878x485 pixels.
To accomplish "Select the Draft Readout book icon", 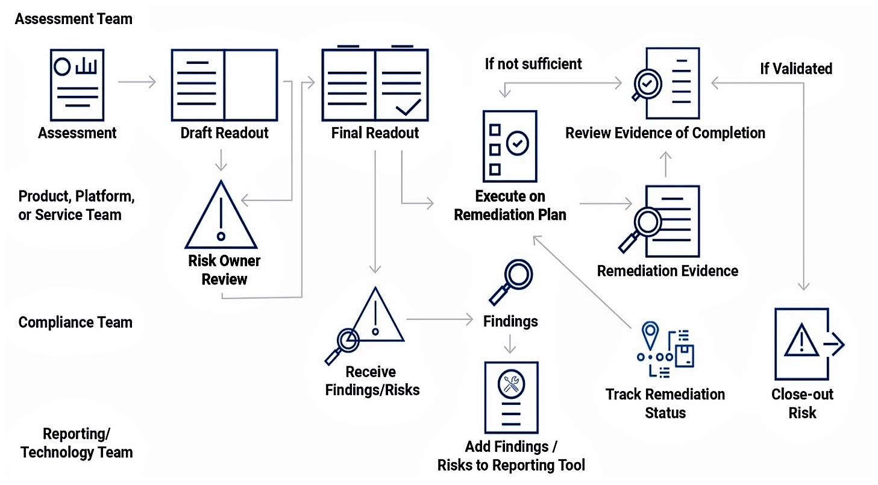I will [x=224, y=85].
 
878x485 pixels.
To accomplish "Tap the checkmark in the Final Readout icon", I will [x=408, y=107].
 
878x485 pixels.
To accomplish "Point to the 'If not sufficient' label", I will [x=533, y=64].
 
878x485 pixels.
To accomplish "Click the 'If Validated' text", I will [x=795, y=69].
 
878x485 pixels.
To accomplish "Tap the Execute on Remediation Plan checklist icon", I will [x=510, y=146].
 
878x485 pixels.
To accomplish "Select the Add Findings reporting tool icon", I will [x=511, y=397].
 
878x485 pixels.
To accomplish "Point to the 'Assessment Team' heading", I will [x=74, y=19].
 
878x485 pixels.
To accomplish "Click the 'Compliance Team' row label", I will [x=75, y=322].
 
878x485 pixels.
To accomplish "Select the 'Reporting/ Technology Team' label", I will [x=77, y=443].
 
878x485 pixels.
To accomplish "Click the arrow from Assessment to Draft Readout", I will [x=137, y=81].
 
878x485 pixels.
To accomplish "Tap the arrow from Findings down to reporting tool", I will [x=510, y=345].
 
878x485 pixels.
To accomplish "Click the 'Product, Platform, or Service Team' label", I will [x=76, y=205].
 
